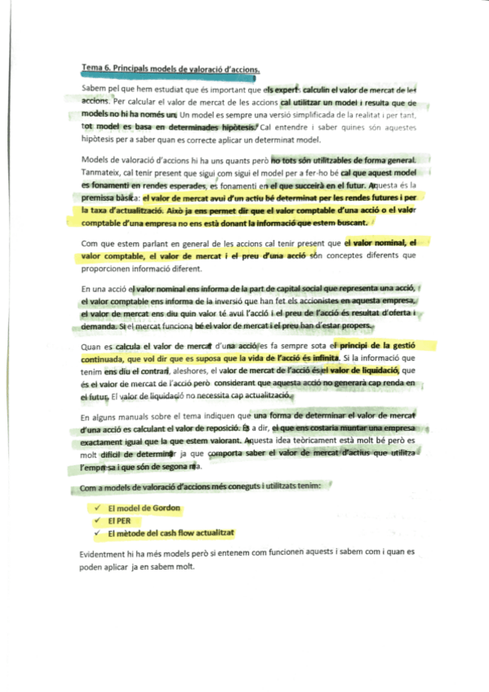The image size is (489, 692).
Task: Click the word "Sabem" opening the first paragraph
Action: tap(94, 87)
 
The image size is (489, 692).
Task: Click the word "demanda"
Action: tap(99, 326)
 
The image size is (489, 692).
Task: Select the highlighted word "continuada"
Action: tap(106, 357)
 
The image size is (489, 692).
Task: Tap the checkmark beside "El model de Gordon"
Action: tap(96, 508)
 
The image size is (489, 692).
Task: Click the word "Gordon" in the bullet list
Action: tap(164, 508)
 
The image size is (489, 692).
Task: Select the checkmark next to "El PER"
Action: tap(96, 520)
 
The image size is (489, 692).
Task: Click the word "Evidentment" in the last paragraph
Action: tap(107, 552)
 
